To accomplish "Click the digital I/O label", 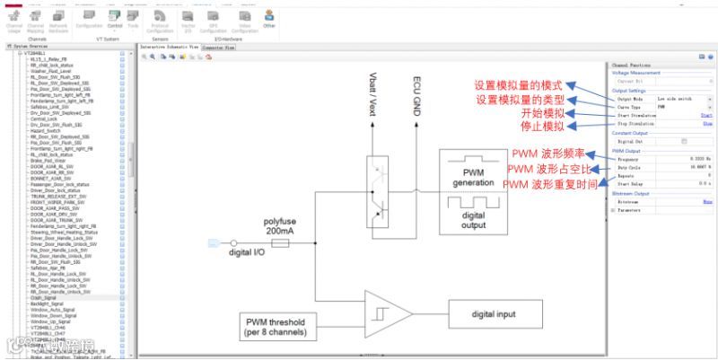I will pyautogui.click(x=248, y=252).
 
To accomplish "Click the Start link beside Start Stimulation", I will pyautogui.click(x=706, y=115).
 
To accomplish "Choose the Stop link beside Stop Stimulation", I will pyautogui.click(x=707, y=123).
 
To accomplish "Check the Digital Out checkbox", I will pyautogui.click(x=685, y=141).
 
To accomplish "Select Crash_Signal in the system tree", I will pyautogui.click(x=45, y=297).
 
